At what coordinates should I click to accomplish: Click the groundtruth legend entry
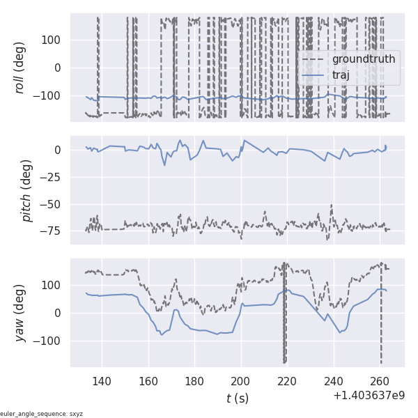pos(363,59)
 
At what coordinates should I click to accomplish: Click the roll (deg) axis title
pos(22,68)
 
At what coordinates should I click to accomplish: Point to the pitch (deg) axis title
pos(26,190)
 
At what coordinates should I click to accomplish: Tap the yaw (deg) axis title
pos(22,313)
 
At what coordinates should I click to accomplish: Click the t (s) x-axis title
pos(237,398)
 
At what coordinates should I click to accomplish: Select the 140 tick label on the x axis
pos(102,380)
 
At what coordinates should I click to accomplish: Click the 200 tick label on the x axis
pos(241,380)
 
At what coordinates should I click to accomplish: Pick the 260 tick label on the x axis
pos(380,380)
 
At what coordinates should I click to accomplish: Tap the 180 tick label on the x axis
pos(194,380)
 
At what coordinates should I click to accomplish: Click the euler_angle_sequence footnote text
pos(42,414)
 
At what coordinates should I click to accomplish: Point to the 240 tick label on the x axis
pos(334,380)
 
